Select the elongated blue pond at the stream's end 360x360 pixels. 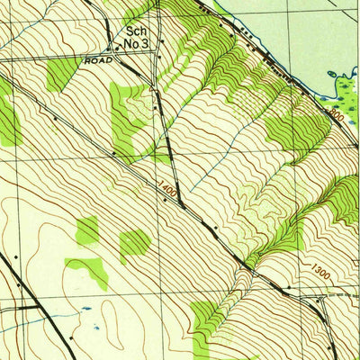[86, 308]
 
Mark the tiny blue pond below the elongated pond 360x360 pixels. [94, 319]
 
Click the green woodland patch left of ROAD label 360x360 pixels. [61, 74]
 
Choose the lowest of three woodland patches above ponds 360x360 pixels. [87, 270]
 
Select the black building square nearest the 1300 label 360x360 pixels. [288, 287]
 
